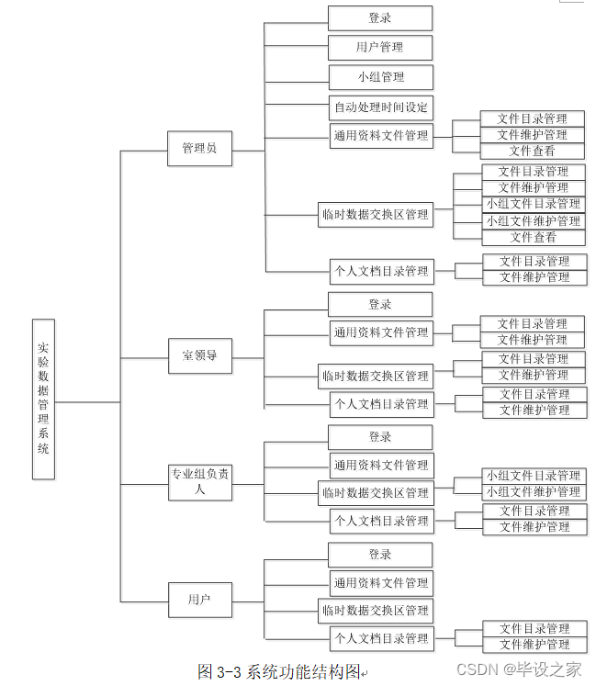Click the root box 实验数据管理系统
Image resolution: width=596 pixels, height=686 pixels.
click(x=43, y=399)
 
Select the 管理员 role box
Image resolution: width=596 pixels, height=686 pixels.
click(x=199, y=148)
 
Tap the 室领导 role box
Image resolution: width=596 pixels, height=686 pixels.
click(x=199, y=355)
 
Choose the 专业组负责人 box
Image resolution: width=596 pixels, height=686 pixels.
click(x=199, y=481)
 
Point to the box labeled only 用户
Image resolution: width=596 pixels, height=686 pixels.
click(x=199, y=600)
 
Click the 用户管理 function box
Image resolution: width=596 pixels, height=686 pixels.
click(x=380, y=47)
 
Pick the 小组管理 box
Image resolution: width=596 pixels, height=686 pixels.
click(x=380, y=77)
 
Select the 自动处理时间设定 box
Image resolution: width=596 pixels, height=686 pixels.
click(x=380, y=107)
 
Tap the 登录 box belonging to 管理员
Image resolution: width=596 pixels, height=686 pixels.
click(x=380, y=17)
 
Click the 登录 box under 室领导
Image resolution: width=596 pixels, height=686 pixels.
click(x=380, y=304)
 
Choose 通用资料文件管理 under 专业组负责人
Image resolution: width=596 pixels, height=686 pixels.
click(x=380, y=465)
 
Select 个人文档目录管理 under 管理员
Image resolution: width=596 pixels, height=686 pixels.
click(x=380, y=270)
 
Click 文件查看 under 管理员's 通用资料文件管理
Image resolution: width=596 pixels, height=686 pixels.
click(x=533, y=152)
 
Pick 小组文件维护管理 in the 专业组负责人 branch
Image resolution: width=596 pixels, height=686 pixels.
click(x=534, y=492)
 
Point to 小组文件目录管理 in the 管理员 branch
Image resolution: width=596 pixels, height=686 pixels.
click(x=534, y=204)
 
